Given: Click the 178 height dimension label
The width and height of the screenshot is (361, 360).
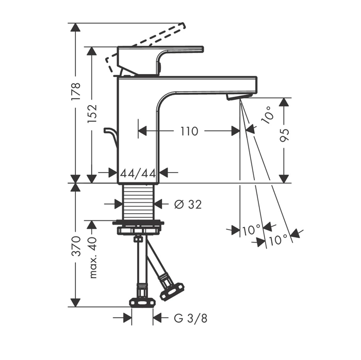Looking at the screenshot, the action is point(76,91).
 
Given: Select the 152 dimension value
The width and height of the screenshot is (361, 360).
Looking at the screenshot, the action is point(92,114).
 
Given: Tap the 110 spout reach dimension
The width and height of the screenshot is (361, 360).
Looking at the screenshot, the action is point(189,131).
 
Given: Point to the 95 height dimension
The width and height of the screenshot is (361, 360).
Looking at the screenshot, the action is point(284,135).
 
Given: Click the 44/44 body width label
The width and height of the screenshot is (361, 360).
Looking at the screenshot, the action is point(138,174).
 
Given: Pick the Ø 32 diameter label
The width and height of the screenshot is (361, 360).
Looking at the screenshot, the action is point(188,204).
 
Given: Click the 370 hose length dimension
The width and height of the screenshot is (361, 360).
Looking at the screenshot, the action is point(76,246).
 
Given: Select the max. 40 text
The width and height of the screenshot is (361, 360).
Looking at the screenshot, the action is point(92,258).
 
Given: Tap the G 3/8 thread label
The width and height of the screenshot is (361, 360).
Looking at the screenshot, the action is point(191,319).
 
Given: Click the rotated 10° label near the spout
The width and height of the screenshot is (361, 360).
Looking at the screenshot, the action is point(268,114).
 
